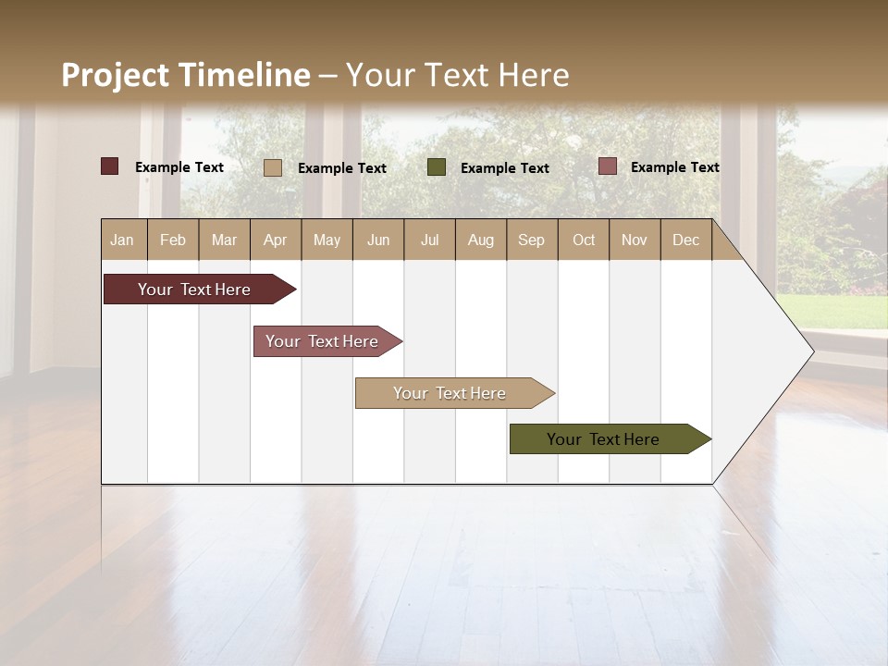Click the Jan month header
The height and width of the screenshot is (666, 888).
(122, 240)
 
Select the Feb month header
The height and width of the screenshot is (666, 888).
(173, 240)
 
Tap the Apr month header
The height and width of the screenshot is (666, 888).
(276, 240)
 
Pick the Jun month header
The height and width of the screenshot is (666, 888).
(378, 240)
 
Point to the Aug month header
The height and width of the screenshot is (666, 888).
(481, 240)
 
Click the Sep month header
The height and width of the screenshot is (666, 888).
(531, 240)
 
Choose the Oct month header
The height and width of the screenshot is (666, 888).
(584, 240)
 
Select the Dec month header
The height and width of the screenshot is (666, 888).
(686, 240)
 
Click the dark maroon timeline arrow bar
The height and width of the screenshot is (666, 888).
(194, 290)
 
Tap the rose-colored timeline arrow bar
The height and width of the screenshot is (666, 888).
(322, 341)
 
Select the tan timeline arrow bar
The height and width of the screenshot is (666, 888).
(450, 393)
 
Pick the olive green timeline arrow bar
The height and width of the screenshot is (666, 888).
(603, 439)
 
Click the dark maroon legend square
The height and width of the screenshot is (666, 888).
(110, 166)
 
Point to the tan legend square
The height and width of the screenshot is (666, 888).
(273, 167)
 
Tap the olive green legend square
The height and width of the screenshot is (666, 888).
(437, 167)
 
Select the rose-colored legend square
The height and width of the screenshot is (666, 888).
(608, 166)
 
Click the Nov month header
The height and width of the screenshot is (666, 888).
(635, 240)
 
